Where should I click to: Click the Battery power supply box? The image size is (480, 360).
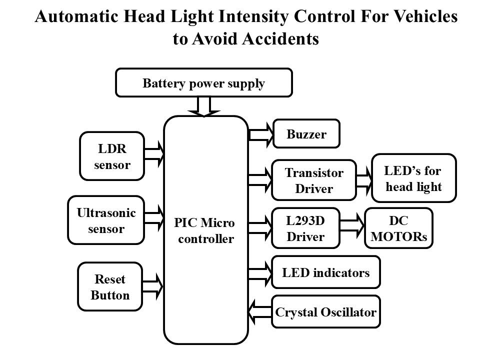tap(203, 83)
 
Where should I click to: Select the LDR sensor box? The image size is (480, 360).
tap(112, 156)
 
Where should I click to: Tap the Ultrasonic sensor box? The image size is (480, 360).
tap(105, 220)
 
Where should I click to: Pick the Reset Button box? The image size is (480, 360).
tap(110, 287)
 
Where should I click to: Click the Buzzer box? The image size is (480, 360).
tap(306, 133)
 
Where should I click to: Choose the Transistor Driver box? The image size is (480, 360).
tap(313, 180)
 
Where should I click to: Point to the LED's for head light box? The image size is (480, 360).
tap(413, 178)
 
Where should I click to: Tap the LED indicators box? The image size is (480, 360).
tap(325, 272)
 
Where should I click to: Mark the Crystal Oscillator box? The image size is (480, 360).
tap(325, 312)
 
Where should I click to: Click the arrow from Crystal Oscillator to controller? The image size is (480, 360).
tap(259, 312)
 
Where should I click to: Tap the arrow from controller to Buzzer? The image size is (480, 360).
tap(260, 133)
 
